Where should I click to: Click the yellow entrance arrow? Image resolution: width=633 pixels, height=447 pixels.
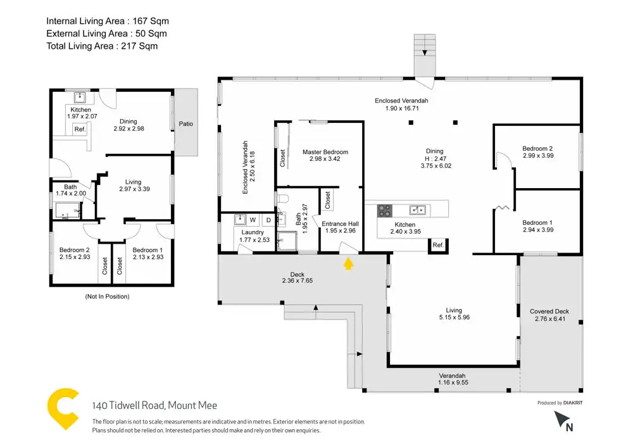(x=348, y=263)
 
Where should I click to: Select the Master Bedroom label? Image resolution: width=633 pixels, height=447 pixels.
(x=325, y=152)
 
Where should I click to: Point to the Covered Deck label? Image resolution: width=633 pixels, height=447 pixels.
(x=549, y=312)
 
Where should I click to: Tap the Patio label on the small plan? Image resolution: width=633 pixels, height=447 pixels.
(x=185, y=123)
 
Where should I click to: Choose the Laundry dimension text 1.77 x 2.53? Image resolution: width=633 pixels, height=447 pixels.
(x=254, y=239)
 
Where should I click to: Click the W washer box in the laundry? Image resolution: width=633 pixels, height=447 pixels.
(x=253, y=220)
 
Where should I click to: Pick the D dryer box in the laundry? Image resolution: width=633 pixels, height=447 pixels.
(x=268, y=220)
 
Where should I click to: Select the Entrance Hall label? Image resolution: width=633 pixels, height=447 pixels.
(x=341, y=223)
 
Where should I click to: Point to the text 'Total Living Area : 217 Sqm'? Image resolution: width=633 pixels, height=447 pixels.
(x=102, y=46)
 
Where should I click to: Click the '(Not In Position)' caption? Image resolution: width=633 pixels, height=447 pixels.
(x=107, y=296)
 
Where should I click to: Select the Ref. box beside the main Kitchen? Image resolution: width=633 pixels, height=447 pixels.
(x=438, y=245)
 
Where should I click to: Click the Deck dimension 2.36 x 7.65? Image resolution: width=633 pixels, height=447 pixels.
(x=297, y=281)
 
